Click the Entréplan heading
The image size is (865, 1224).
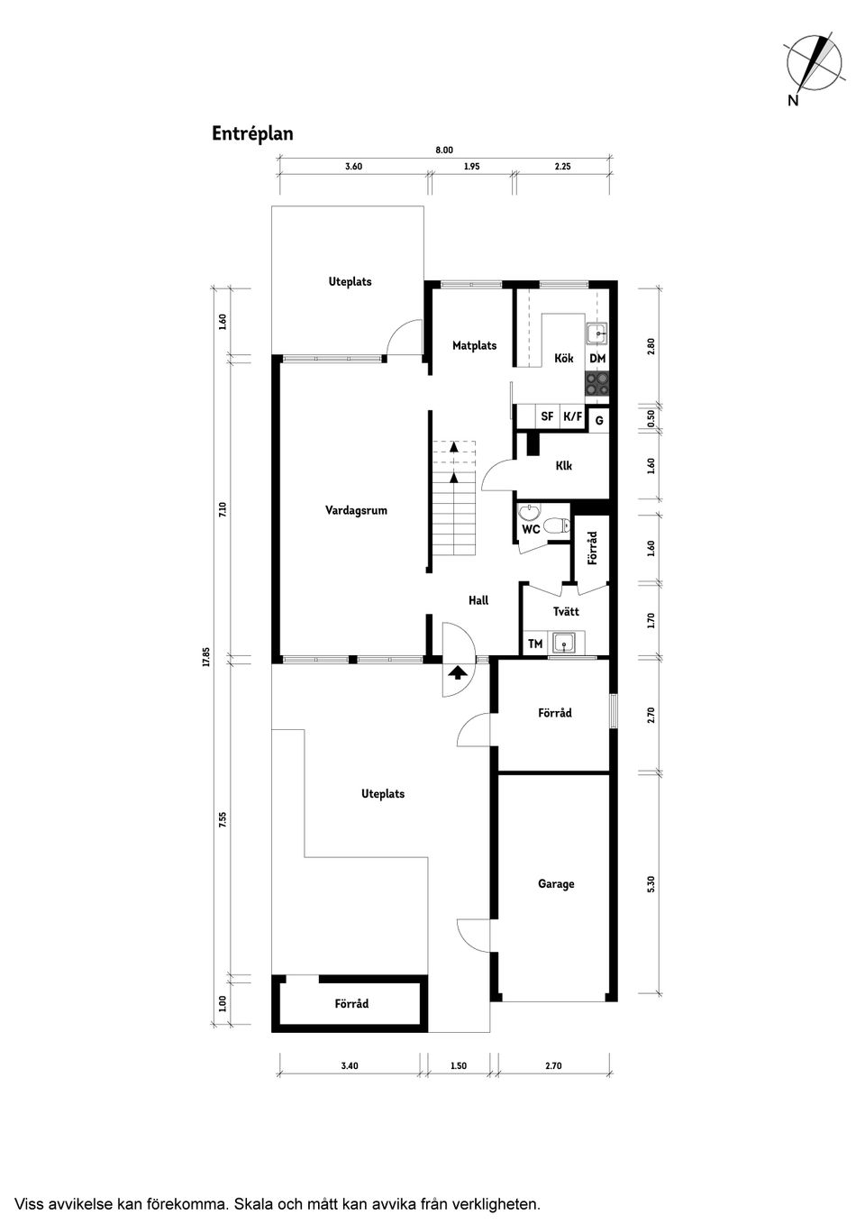coord(252,134)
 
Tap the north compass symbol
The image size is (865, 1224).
coord(813,68)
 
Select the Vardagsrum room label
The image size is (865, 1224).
coord(356,510)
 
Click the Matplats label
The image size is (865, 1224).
coord(475,345)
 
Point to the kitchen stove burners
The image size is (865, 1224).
coord(596,383)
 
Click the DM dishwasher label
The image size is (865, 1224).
coord(597,359)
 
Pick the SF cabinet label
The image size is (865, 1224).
coord(547,416)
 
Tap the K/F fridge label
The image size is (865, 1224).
coord(573,416)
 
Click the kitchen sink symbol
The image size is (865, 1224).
coord(597,333)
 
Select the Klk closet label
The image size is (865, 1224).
coord(563,466)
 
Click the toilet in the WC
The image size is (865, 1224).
coord(557,525)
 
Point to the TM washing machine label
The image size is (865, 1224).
coord(535,644)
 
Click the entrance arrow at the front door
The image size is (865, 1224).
coord(455,672)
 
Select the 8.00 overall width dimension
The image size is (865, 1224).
coord(444,151)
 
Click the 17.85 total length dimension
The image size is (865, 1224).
coord(205,657)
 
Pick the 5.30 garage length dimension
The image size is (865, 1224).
coord(651,883)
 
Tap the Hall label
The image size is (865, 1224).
coord(478,600)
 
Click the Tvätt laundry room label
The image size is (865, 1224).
coord(566,611)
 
